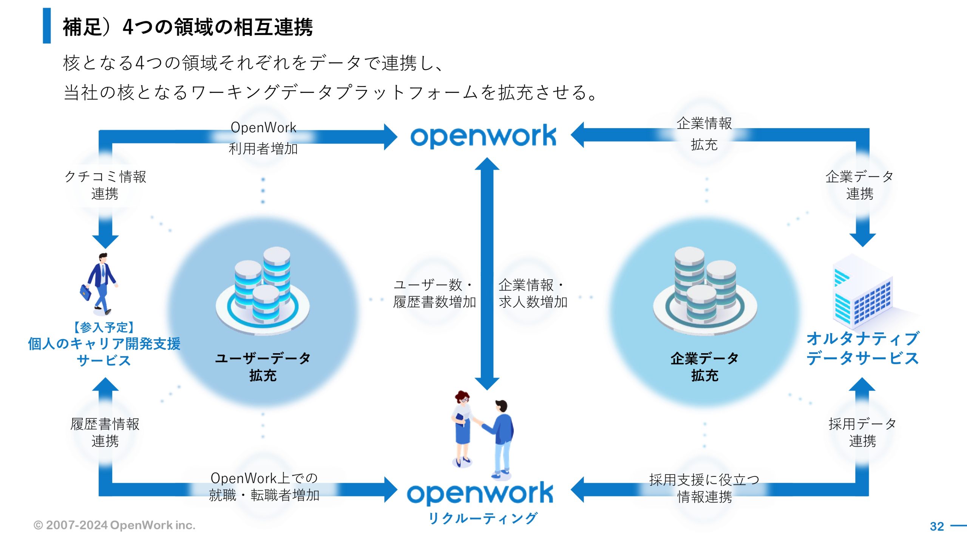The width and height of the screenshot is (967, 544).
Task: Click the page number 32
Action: tap(937, 526)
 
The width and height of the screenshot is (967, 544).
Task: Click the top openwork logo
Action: tap(483, 136)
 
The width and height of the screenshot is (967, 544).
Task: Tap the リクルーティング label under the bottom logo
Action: tap(483, 518)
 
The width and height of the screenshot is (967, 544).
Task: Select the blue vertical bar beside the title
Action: tap(47, 26)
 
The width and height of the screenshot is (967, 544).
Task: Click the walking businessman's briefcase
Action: tap(86, 292)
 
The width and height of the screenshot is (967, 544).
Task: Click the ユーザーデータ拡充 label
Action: tap(263, 366)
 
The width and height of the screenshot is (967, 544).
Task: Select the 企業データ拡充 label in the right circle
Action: tap(704, 366)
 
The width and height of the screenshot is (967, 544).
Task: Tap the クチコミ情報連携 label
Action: tap(105, 185)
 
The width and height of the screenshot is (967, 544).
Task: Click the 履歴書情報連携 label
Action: tap(105, 432)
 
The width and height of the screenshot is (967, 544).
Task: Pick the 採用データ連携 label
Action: tap(862, 432)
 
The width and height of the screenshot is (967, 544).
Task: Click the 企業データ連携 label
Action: tap(859, 185)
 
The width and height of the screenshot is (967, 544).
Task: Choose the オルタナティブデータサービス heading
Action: tap(863, 348)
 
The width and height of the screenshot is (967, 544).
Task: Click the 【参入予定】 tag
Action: tap(104, 327)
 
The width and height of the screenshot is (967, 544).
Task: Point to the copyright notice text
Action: tap(114, 525)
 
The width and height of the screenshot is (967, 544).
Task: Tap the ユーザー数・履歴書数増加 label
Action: tap(434, 293)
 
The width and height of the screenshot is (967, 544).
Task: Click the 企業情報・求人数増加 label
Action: tap(533, 293)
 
